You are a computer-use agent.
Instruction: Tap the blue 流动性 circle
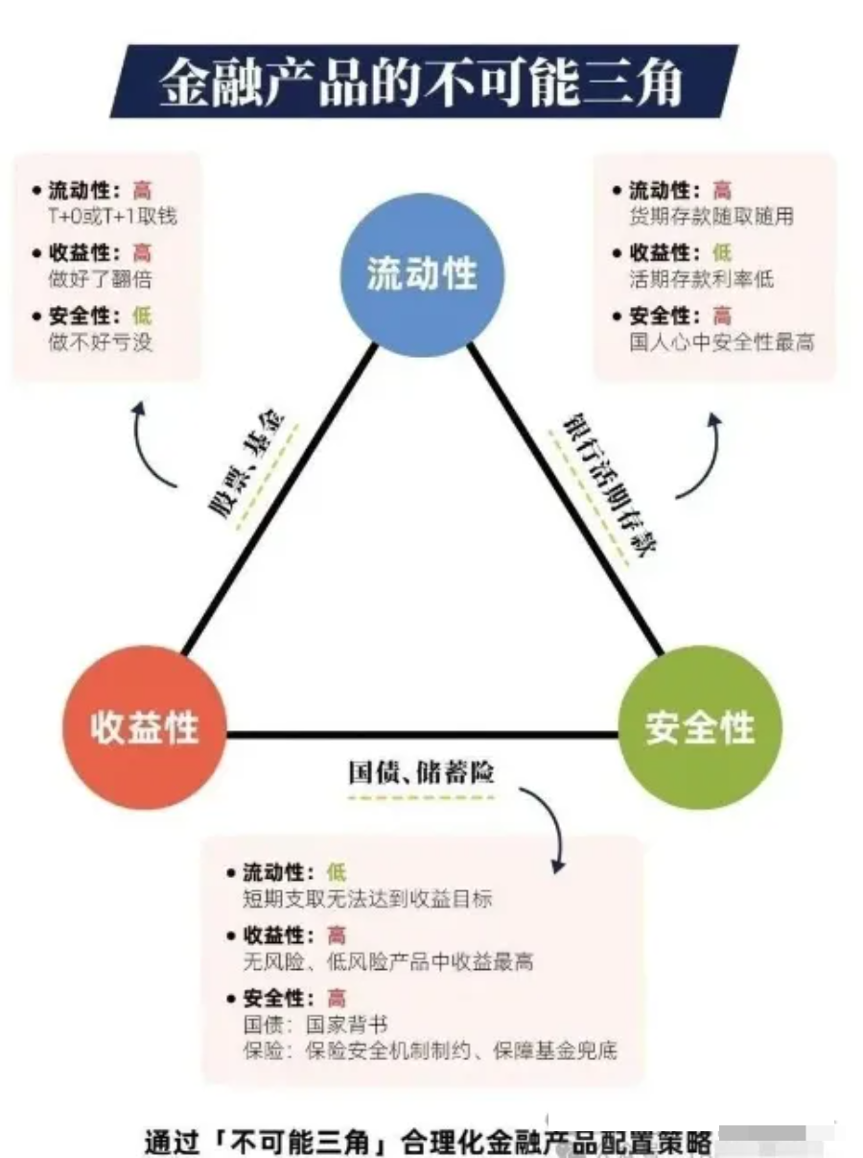coord(422,274)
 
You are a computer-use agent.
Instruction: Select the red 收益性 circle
coord(145,727)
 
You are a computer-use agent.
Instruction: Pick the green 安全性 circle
coord(700,727)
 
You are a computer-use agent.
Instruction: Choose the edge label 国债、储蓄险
coord(422,773)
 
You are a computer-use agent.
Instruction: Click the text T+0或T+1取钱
coord(112,215)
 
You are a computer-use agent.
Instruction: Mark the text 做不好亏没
coord(100,342)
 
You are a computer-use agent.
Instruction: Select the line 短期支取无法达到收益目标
coord(367,899)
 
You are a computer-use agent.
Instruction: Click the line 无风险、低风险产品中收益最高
coord(387,961)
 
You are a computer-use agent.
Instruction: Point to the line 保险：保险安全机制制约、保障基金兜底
coord(430,1051)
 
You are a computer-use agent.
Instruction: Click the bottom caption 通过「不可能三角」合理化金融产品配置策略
coord(428,1142)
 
